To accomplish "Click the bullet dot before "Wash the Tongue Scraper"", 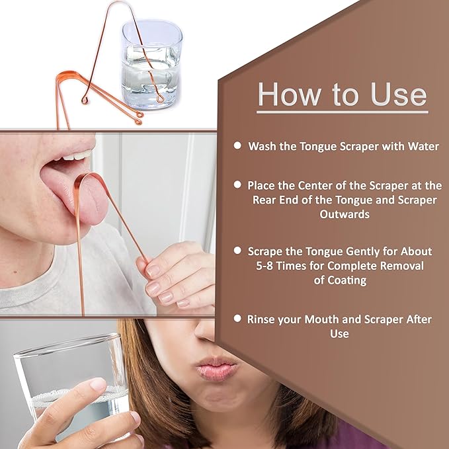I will (x=237, y=144).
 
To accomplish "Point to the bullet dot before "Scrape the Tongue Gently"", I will (x=237, y=251).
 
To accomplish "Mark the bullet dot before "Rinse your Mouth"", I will (x=237, y=318).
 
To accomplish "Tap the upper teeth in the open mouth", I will (x=78, y=158).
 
